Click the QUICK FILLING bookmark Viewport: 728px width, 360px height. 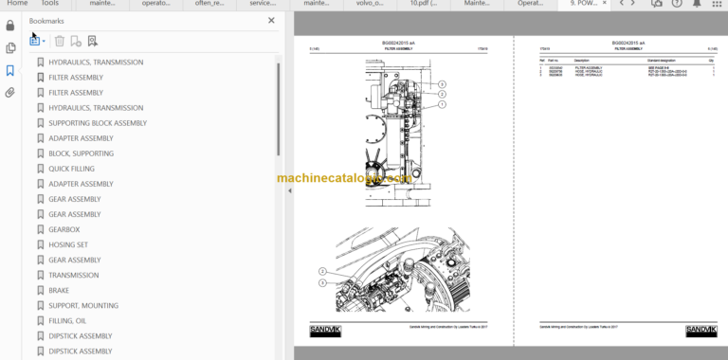(71, 169)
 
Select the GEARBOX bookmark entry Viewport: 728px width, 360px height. (64, 229)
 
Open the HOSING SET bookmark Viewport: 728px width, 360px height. (68, 244)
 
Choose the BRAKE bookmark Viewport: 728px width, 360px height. (59, 290)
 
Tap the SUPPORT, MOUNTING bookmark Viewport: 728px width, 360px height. (83, 305)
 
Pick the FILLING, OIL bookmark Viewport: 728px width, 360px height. (67, 320)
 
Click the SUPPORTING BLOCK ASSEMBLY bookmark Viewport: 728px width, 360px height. (98, 123)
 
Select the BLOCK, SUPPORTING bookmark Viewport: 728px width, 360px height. (81, 153)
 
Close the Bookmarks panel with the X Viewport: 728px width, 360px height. (271, 20)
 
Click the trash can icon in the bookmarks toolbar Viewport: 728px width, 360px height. (60, 41)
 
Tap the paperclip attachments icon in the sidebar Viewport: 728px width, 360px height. (10, 93)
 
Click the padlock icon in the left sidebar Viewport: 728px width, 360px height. (10, 26)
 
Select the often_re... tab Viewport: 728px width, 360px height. (210, 4)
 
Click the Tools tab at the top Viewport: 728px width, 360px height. (49, 4)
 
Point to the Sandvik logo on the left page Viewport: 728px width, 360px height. (324, 330)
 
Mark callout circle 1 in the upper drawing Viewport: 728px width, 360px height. (442, 104)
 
